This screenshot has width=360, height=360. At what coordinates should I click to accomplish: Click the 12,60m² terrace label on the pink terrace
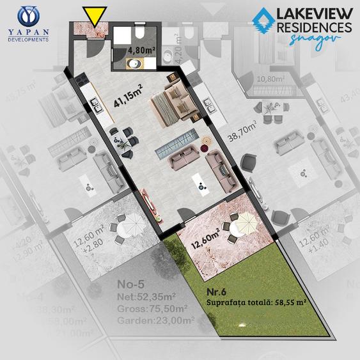207,243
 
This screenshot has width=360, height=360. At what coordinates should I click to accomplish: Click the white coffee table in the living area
202,180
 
